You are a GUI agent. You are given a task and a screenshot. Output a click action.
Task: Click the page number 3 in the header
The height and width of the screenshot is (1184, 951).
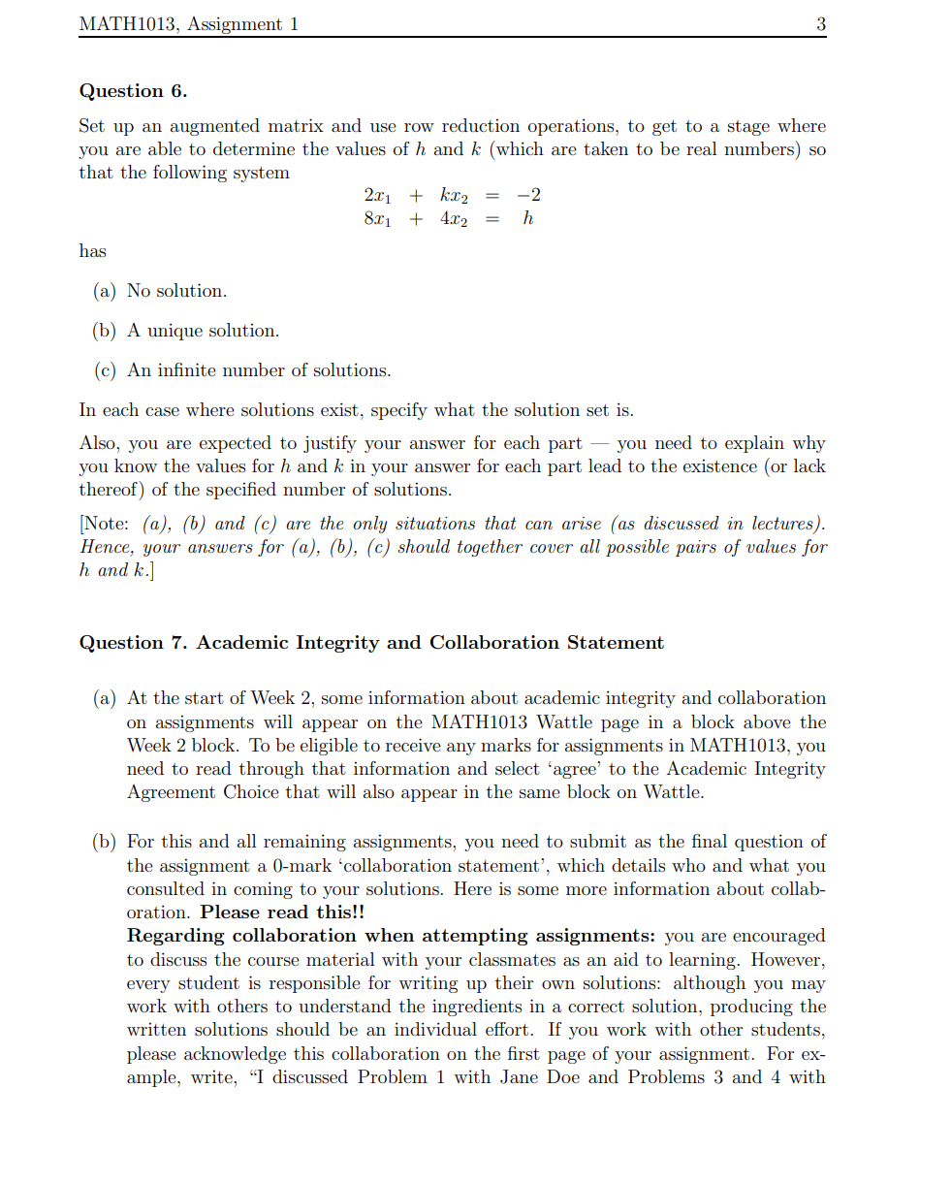click(820, 25)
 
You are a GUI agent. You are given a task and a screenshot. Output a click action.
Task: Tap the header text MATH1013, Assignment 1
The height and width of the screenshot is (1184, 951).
click(188, 25)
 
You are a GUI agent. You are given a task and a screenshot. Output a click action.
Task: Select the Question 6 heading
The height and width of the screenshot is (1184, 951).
click(133, 91)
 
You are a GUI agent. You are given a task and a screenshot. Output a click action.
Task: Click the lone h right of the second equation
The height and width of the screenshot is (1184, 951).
click(527, 218)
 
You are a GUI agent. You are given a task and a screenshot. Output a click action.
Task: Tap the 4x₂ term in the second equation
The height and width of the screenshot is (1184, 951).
click(453, 219)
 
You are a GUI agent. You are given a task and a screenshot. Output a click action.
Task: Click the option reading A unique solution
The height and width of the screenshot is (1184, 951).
click(203, 331)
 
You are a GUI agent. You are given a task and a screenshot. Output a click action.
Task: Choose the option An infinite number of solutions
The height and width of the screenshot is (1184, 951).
click(259, 370)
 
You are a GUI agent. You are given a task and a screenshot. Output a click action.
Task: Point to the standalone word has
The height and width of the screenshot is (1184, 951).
click(93, 251)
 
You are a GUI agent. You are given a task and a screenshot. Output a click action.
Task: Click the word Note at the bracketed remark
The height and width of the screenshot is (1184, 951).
click(107, 524)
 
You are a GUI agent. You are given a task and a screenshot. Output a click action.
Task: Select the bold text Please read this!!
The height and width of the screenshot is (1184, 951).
click(282, 912)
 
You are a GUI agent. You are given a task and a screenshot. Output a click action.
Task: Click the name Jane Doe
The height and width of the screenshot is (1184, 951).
click(540, 1077)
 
